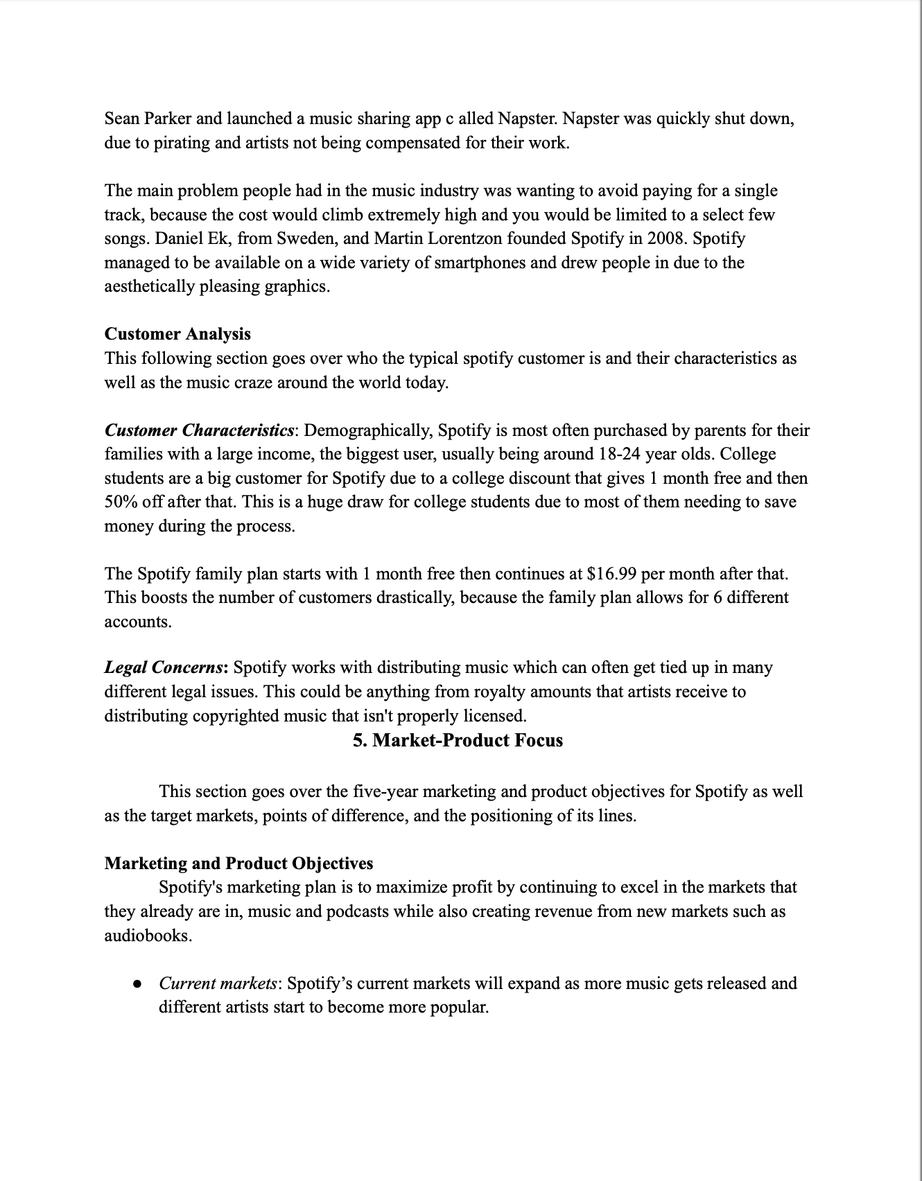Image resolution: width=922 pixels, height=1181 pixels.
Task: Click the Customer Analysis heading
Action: [177, 334]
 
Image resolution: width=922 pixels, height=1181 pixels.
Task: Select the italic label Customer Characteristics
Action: [199, 430]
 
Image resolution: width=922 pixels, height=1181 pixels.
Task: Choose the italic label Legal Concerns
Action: [164, 667]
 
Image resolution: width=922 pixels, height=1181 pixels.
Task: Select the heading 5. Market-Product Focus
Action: [458, 740]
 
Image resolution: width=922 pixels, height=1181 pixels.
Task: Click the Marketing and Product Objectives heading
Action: [238, 864]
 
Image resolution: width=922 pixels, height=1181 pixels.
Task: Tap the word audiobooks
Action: [148, 936]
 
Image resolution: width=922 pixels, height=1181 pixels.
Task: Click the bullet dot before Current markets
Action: [137, 983]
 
